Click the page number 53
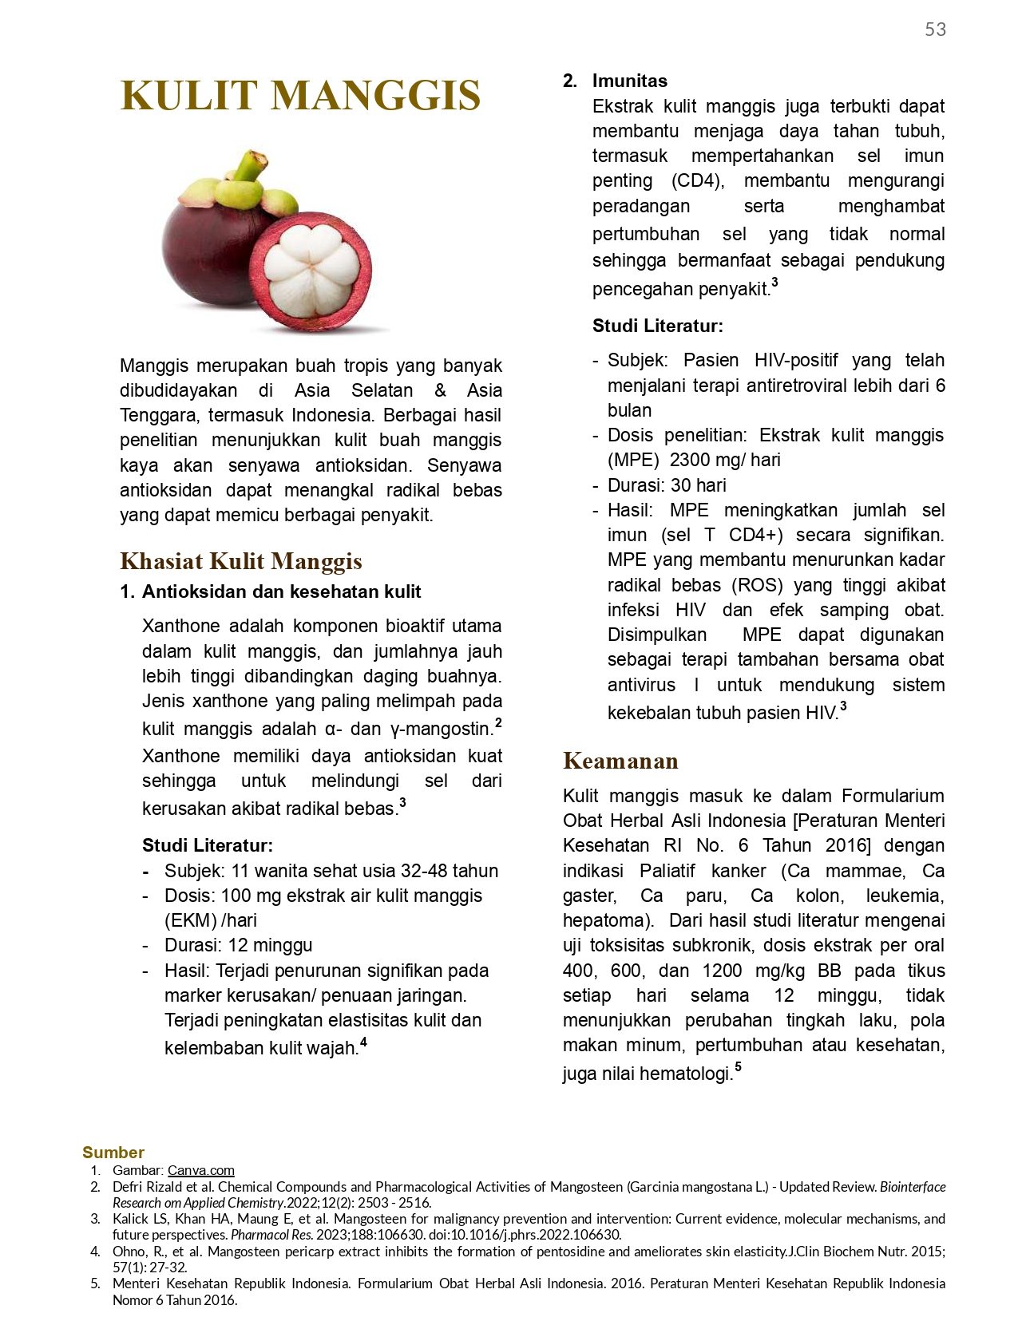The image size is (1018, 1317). [935, 30]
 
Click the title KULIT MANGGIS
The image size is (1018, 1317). [300, 96]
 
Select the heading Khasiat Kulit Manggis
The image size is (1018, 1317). [240, 561]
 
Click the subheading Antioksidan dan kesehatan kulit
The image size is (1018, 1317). [281, 591]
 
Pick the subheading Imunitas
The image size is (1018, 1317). [629, 81]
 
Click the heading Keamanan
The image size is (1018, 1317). [620, 761]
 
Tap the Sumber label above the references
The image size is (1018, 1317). [113, 1152]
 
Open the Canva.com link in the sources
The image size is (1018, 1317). [200, 1170]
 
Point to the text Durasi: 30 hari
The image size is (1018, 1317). [667, 485]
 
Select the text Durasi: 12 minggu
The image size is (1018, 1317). [238, 945]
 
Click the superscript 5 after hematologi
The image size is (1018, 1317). [739, 1067]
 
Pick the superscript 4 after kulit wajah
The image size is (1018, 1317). [364, 1042]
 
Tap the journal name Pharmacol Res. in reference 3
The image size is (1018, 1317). [271, 1235]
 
